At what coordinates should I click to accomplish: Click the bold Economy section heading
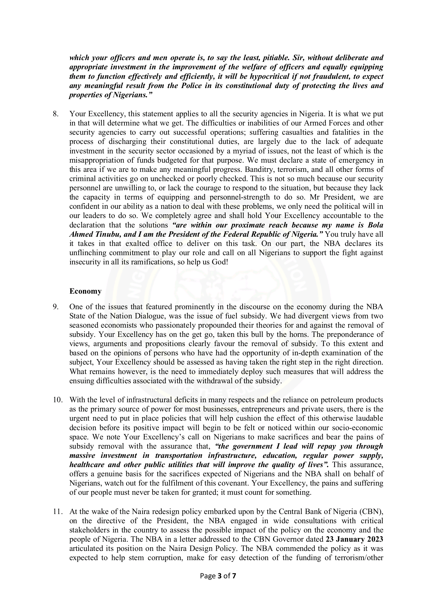(x=85, y=291)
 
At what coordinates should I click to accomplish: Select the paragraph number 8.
(x=55, y=114)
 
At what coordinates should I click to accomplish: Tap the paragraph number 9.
(x=55, y=307)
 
